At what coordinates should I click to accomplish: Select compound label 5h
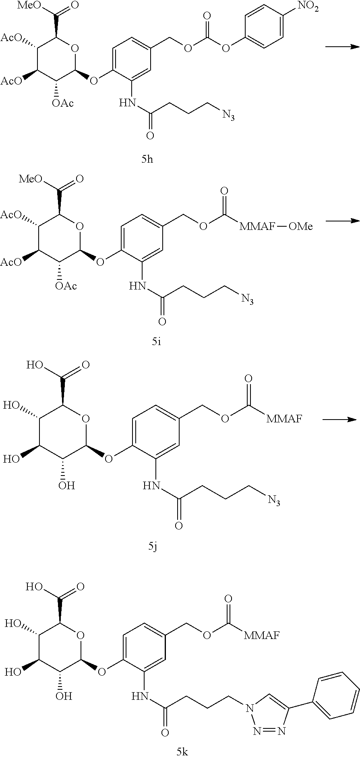[147, 159]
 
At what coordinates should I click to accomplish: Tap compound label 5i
[157, 342]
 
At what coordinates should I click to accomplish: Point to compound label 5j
[153, 546]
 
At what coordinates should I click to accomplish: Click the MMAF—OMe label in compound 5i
[276, 226]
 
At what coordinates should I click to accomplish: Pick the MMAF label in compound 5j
[284, 419]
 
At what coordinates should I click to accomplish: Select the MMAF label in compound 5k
[262, 635]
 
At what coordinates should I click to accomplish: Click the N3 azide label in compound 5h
[228, 116]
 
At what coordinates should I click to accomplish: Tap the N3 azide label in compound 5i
[247, 299]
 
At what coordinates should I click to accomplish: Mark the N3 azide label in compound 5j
[274, 501]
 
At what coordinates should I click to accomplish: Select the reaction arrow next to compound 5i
[342, 220]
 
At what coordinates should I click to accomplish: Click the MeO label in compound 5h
[29, 6]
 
